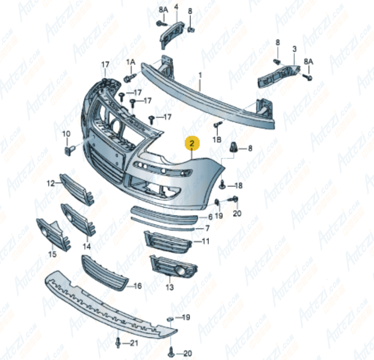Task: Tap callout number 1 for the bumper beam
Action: (200, 74)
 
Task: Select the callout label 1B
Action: (217, 139)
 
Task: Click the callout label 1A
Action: (130, 62)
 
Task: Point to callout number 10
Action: (66, 134)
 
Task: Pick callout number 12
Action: (51, 183)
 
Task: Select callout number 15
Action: (52, 254)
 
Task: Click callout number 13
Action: (170, 288)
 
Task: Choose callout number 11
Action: (205, 242)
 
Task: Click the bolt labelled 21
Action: (117, 342)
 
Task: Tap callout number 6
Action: (210, 217)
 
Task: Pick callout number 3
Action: (295, 49)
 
